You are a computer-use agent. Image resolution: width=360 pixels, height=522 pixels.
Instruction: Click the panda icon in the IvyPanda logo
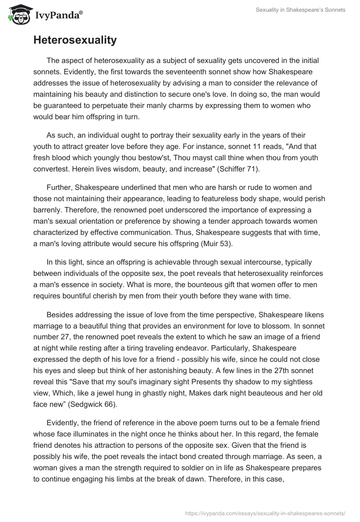(x=17, y=14)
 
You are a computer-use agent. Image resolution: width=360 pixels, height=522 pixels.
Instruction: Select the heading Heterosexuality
(x=75, y=40)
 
